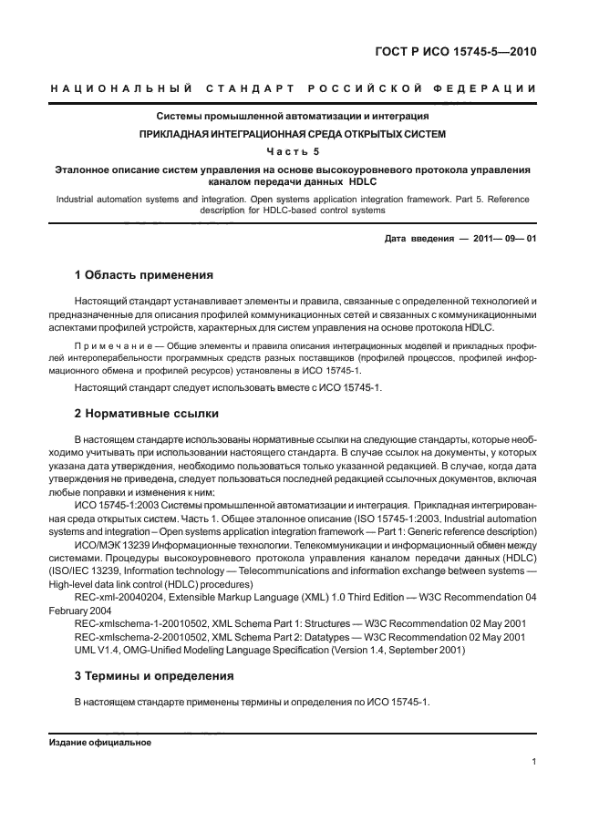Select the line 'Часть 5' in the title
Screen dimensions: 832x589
click(293, 151)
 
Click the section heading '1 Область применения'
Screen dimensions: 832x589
click(143, 273)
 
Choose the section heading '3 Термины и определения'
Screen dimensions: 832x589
click(153, 677)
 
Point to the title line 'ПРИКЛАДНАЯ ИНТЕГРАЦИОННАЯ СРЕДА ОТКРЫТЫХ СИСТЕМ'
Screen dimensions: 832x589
click(293, 134)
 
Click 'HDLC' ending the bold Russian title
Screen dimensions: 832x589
click(376, 181)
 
